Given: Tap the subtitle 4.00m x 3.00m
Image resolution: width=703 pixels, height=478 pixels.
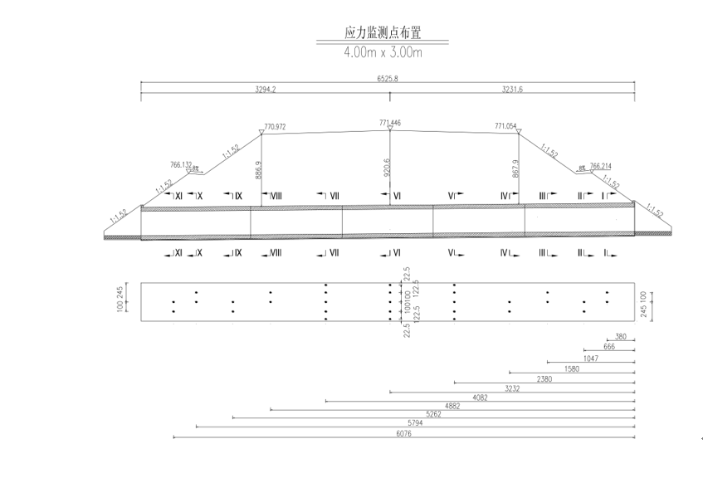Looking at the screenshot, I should click(383, 52).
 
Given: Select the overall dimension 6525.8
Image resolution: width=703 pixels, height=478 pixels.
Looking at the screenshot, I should click(388, 79).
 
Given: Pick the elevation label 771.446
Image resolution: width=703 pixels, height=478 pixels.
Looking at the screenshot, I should click(390, 123).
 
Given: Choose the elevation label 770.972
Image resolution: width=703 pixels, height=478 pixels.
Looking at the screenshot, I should click(275, 127).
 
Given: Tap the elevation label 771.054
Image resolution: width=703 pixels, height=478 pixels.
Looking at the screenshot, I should click(505, 126).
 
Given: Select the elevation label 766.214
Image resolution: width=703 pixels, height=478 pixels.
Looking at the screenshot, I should click(600, 165).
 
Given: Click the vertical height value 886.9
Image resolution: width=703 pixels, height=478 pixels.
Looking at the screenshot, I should click(258, 170).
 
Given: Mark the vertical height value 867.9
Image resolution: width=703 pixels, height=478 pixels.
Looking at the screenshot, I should click(515, 169).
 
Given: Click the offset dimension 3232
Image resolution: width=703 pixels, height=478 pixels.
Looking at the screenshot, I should click(512, 388).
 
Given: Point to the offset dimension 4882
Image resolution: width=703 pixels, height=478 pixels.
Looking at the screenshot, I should click(452, 406).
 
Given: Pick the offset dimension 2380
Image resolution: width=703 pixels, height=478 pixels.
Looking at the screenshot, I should click(544, 378).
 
